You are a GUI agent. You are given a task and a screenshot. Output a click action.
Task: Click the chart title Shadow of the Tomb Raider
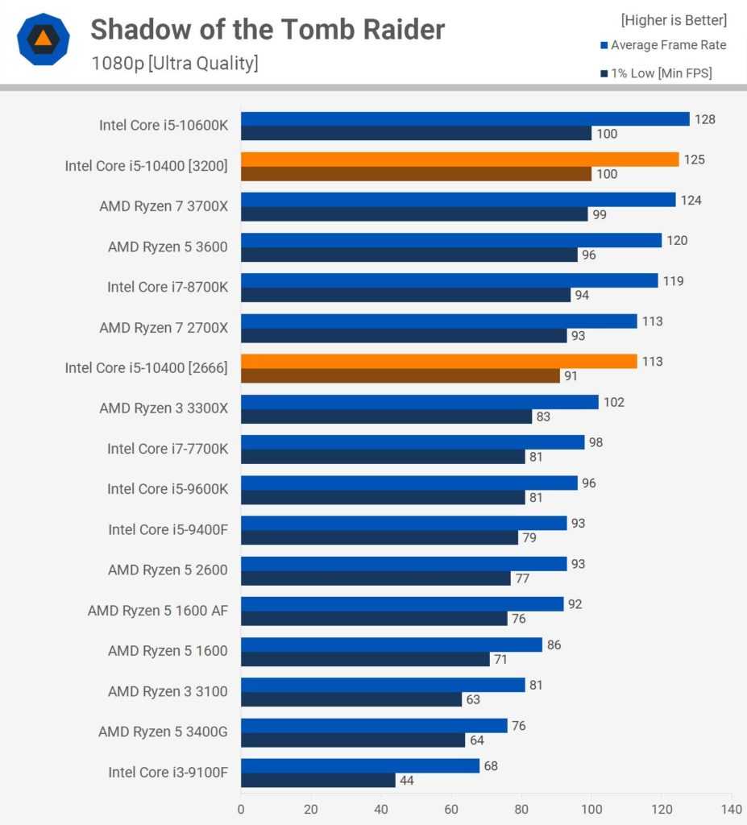pyautogui.click(x=267, y=30)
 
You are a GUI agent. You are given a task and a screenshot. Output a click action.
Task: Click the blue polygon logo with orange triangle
pyautogui.click(x=44, y=39)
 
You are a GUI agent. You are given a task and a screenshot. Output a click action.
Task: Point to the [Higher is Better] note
pyautogui.click(x=674, y=19)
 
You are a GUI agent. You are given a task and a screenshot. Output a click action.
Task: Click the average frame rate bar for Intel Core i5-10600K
pyautogui.click(x=465, y=119)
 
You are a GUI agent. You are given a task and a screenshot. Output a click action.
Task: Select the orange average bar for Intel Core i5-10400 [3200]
pyautogui.click(x=459, y=160)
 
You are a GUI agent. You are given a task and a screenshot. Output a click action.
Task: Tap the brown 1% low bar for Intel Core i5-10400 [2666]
pyautogui.click(x=400, y=375)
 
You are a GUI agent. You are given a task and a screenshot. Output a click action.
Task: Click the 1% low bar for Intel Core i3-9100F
pyautogui.click(x=317, y=780)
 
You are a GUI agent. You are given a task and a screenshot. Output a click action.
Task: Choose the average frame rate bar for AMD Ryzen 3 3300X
pyautogui.click(x=419, y=402)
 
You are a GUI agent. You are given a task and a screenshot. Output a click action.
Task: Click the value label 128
pyautogui.click(x=705, y=119)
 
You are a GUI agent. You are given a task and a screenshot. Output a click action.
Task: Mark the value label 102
pyautogui.click(x=613, y=402)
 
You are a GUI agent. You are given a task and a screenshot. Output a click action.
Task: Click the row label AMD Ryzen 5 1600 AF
pyautogui.click(x=158, y=611)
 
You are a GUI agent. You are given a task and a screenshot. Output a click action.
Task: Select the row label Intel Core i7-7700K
pyautogui.click(x=168, y=449)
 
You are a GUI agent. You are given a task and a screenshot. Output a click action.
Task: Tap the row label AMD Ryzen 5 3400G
pyautogui.click(x=163, y=732)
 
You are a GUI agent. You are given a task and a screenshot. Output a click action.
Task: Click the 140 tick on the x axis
pyautogui.click(x=731, y=808)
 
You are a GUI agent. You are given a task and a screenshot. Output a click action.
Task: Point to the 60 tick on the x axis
pyautogui.click(x=451, y=808)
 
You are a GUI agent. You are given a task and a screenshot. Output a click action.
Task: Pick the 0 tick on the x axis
pyautogui.click(x=241, y=808)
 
